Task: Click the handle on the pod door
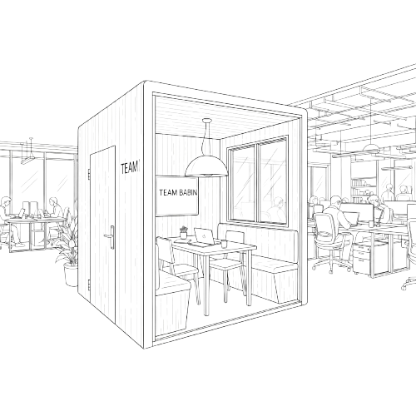111,237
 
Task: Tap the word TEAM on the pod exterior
129,168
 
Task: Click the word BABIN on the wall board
188,192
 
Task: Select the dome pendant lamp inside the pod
206,166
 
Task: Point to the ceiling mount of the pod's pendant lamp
207,121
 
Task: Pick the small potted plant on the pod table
183,232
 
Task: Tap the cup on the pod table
224,244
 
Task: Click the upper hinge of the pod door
89,173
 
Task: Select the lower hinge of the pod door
89,285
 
